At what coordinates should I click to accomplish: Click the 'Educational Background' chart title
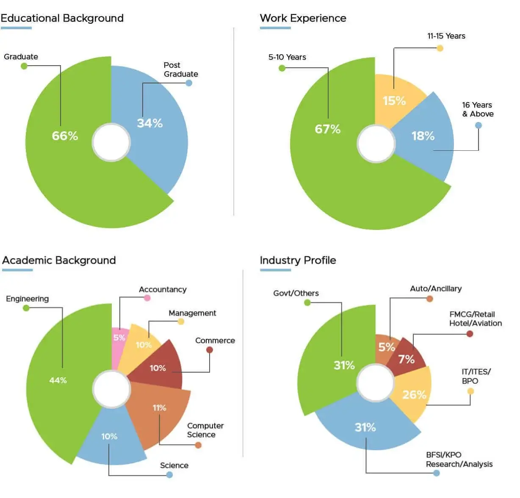pos(62,18)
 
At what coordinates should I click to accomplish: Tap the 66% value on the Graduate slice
pos(65,136)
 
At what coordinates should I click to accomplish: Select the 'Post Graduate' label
pos(180,69)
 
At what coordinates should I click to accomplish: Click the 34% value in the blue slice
pos(149,123)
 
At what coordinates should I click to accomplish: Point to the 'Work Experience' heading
pos(303,18)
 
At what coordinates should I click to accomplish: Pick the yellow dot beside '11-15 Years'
pos(440,48)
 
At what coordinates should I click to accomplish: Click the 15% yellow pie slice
pos(394,101)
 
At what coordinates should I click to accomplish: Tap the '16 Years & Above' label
pos(478,109)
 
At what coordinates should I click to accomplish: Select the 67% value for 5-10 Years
pos(327,129)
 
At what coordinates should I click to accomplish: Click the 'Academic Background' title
pos(59,260)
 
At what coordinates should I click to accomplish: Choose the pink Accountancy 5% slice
pos(119,338)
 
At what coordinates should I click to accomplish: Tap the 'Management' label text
pos(192,313)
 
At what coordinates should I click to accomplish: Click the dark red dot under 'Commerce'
pos(210,350)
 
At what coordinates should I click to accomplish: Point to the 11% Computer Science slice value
pos(159,408)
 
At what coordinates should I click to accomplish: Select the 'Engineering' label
pos(27,299)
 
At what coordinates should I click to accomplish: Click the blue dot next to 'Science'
pos(169,475)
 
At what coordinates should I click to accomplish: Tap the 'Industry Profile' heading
pos(298,260)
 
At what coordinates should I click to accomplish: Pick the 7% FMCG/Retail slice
pos(406,360)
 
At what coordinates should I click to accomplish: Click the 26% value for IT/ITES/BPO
pos(414,395)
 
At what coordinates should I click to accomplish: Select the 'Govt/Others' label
pos(296,293)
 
